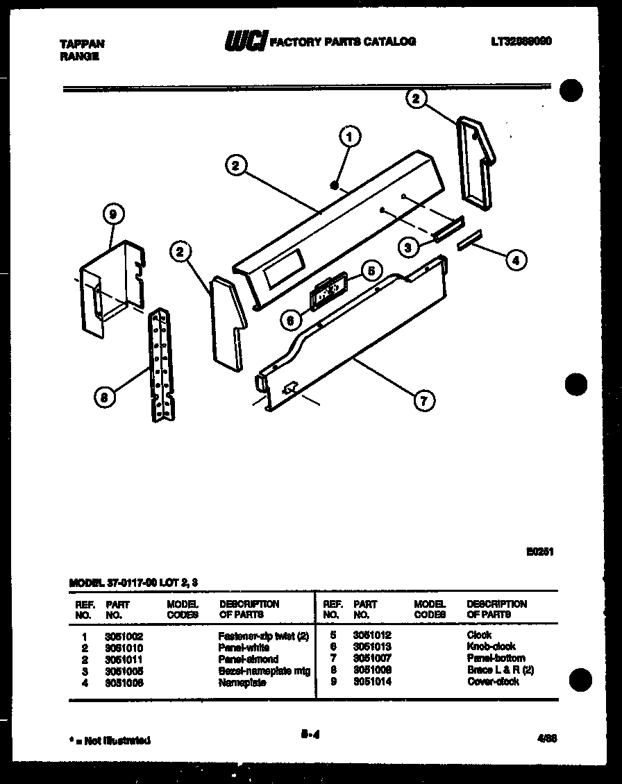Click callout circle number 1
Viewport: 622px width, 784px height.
(x=349, y=137)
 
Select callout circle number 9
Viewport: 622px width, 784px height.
(x=112, y=215)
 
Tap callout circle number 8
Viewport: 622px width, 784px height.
(x=103, y=397)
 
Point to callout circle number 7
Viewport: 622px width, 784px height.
(x=425, y=400)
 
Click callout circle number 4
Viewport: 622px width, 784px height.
(x=514, y=260)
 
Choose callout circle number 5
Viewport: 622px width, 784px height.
(x=371, y=270)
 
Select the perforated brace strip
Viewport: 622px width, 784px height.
(x=161, y=364)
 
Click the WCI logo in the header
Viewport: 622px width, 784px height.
(x=244, y=42)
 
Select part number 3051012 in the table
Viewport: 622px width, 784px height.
(x=373, y=635)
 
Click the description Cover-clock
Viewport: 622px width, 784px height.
(x=492, y=682)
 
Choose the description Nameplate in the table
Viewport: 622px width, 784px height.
(x=242, y=683)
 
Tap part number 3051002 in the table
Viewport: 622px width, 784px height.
(x=125, y=636)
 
